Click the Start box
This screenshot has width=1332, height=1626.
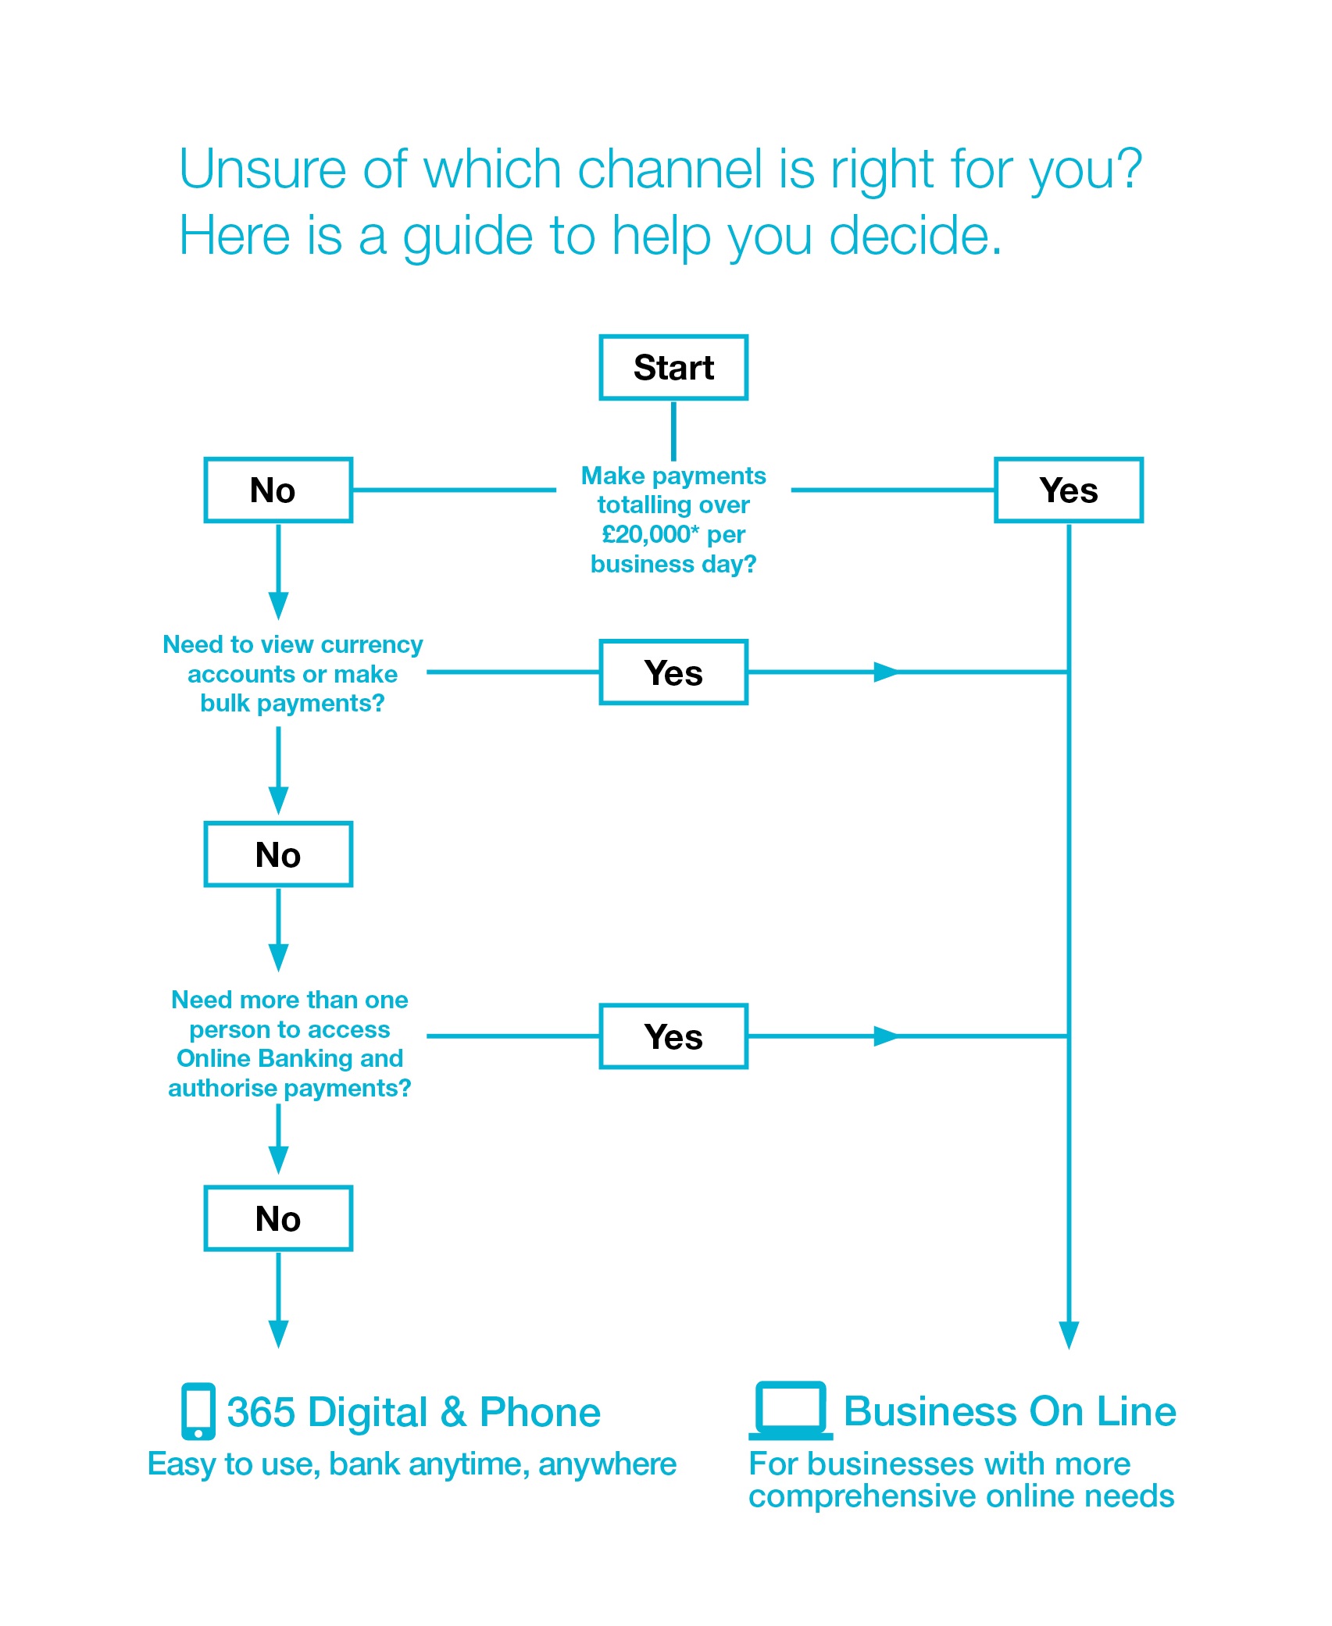coord(673,367)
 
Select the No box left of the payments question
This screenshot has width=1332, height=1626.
coord(278,490)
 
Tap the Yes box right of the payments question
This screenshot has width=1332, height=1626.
coord(1068,490)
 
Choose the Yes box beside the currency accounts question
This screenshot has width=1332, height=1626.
coord(673,672)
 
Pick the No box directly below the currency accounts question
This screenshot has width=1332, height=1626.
coord(278,854)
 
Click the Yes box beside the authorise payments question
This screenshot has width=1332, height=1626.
coord(673,1036)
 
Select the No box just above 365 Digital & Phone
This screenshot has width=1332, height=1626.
coord(278,1218)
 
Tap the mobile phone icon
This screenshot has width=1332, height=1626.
coord(198,1410)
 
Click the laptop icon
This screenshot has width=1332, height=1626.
coord(791,1410)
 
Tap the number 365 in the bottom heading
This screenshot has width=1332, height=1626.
coord(261,1412)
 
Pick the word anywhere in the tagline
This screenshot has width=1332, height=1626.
coord(607,1464)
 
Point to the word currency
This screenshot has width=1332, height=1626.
coord(371,644)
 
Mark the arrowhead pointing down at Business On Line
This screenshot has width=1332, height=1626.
coord(1068,1335)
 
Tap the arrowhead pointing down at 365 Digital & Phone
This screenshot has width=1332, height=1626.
coord(278,1333)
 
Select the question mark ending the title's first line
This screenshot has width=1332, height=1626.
coord(1127,169)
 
